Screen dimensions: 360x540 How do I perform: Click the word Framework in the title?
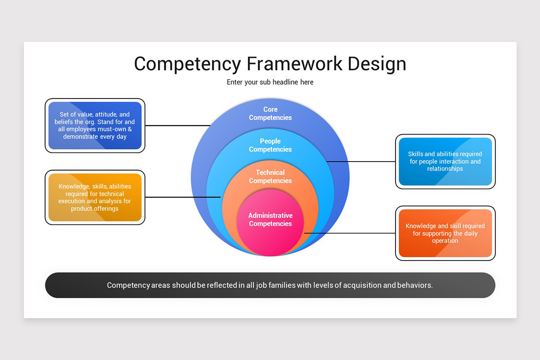[294, 63]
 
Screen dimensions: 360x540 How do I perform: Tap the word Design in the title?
[377, 63]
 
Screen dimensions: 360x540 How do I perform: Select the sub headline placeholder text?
[270, 82]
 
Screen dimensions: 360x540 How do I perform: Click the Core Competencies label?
[270, 113]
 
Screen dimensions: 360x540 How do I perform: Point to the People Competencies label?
[270, 145]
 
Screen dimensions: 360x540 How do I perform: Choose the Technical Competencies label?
[270, 176]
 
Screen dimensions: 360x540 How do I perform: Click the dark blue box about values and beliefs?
[95, 126]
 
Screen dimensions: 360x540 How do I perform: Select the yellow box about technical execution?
[95, 198]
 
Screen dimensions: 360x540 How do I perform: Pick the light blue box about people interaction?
[445, 162]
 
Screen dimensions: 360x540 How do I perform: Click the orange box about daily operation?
[445, 233]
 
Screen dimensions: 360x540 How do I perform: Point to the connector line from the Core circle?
[178, 126]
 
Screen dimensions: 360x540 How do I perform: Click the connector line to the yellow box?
[183, 197]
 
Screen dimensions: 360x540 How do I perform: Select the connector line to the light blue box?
[360, 161]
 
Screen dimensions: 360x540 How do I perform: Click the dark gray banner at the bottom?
[270, 285]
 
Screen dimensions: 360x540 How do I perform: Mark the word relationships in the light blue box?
[445, 169]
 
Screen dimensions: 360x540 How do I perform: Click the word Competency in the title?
[187, 63]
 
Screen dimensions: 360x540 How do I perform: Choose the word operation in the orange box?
[445, 241]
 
